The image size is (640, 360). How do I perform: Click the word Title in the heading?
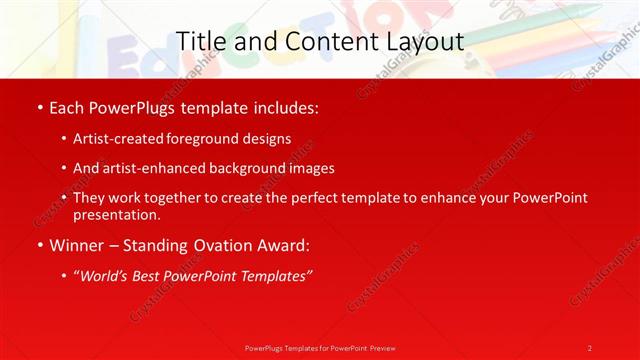pos(200,41)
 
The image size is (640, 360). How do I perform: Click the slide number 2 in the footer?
pos(590,347)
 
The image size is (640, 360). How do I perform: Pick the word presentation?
pos(116,215)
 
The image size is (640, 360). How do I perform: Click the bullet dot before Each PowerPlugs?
pos(38,105)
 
